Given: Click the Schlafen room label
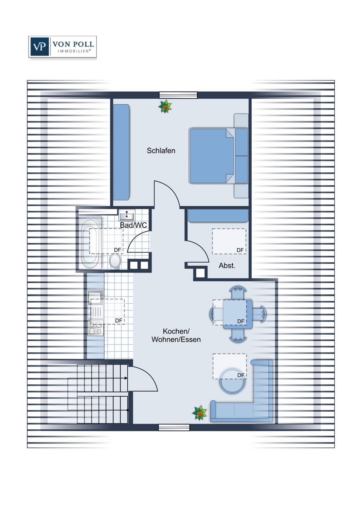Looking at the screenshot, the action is [161, 151].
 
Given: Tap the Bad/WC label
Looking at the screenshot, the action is [133, 225].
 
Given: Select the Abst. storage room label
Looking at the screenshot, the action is [227, 265].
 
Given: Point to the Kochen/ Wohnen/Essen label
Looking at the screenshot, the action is [176, 335].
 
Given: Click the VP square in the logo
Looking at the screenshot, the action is [39, 46].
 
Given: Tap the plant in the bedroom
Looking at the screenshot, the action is [165, 106].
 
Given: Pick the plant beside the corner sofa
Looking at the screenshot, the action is [199, 413].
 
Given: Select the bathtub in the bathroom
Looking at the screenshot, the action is [90, 243].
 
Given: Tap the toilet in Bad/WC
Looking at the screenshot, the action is [115, 261].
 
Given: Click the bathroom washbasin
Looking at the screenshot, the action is [127, 215].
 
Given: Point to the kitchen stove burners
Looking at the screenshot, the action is [95, 328].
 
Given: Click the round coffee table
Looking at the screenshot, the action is [232, 381].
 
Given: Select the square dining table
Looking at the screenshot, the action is [238, 314].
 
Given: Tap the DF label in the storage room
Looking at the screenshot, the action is [240, 250].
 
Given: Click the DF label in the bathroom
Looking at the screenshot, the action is [118, 250].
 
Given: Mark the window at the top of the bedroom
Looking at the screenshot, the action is [178, 95].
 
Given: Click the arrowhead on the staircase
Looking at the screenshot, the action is [126, 378].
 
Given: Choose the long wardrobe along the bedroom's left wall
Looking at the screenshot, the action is [122, 152].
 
